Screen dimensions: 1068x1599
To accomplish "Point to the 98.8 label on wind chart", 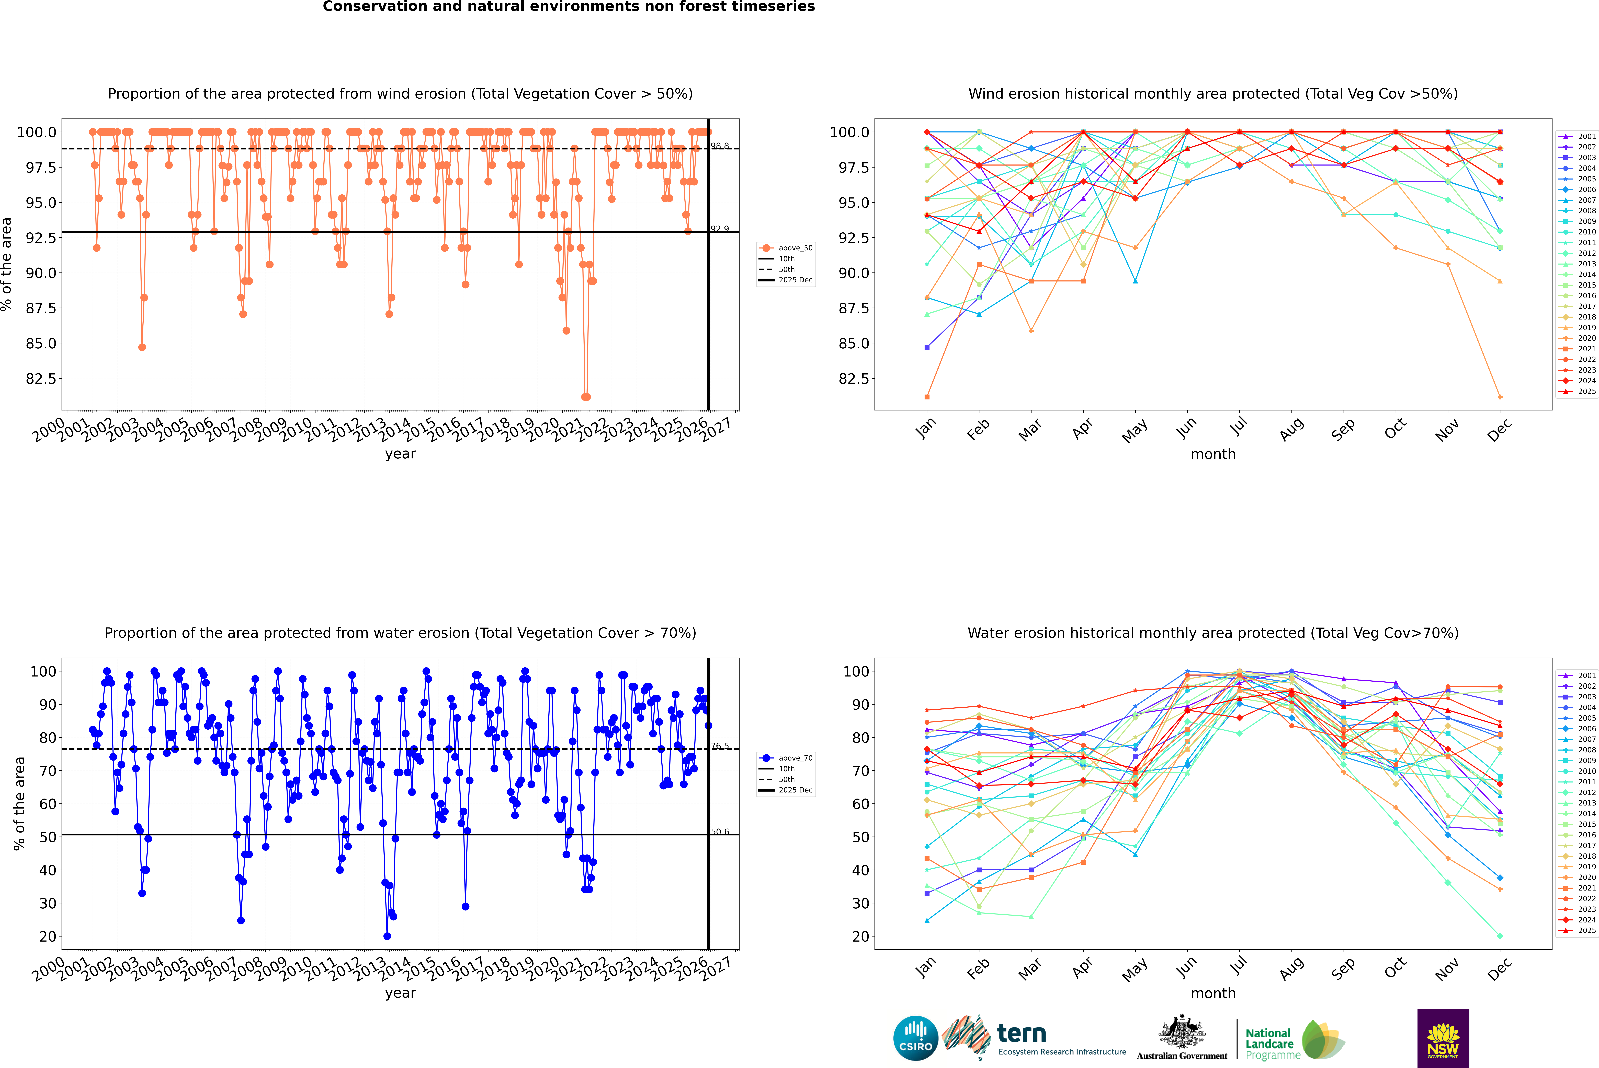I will [x=720, y=146].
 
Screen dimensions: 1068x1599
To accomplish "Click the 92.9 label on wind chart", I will [x=720, y=229].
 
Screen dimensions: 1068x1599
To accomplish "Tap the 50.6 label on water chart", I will [x=720, y=832].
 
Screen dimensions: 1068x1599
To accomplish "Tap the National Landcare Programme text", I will [x=1269, y=1043].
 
